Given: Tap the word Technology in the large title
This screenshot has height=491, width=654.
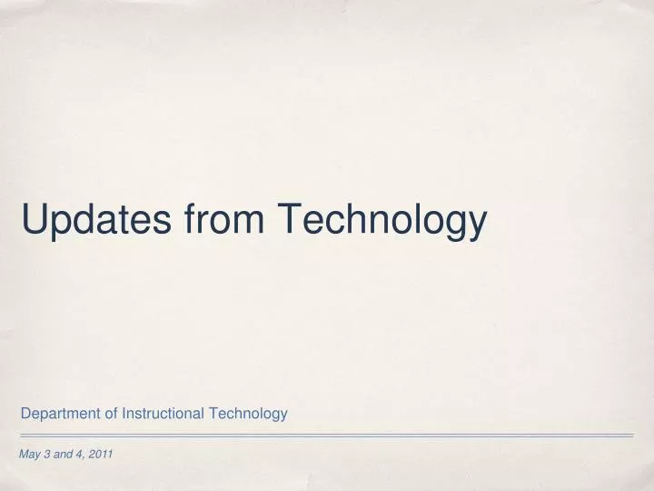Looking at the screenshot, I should (x=382, y=219).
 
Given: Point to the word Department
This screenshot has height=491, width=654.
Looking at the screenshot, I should (x=59, y=414).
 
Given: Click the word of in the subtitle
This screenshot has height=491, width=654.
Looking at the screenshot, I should (x=110, y=414).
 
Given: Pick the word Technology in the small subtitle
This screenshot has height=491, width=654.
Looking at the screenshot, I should (x=248, y=414).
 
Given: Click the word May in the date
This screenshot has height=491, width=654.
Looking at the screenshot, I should (x=30, y=454).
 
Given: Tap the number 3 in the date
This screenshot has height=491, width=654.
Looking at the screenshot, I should (x=46, y=454).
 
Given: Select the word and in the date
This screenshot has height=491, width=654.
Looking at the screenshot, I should (x=63, y=454).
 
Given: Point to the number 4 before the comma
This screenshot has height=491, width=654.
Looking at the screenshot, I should (x=79, y=454).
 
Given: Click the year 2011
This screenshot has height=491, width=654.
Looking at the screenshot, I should (x=100, y=454).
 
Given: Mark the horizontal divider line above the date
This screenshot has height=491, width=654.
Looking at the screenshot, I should (x=327, y=436).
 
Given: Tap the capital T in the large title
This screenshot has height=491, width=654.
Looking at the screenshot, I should (x=290, y=219).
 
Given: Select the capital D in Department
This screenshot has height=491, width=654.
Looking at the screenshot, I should (x=25, y=414).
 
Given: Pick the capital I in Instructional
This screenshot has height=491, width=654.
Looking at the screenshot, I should (x=124, y=414).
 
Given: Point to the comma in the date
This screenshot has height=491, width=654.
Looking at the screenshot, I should (x=84, y=456).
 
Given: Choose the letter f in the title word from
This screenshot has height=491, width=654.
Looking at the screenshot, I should (x=190, y=219).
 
